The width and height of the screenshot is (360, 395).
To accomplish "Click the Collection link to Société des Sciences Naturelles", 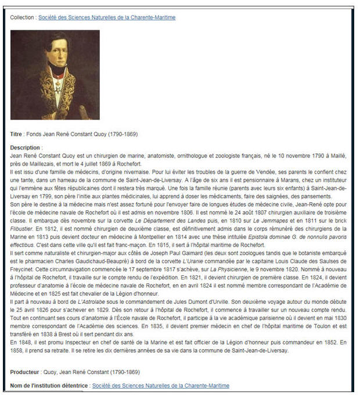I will (x=107, y=17).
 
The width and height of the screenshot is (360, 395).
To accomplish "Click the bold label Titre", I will (x=17, y=134).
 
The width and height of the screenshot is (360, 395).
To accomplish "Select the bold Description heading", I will (x=26, y=148).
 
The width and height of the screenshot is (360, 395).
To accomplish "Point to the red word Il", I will (x=12, y=173).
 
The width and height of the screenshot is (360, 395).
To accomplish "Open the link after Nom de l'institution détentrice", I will (x=160, y=386).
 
